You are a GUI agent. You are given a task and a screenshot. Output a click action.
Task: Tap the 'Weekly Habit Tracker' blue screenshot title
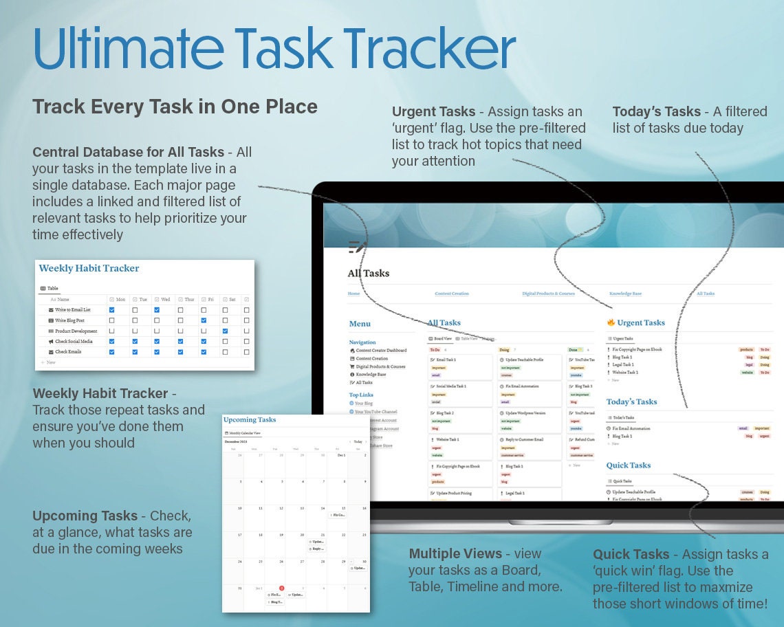[89, 268]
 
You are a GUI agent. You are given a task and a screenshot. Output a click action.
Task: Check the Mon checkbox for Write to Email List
[112, 310]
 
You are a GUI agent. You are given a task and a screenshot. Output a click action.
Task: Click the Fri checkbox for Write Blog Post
[204, 320]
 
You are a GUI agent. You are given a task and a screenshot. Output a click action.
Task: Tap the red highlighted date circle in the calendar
[281, 588]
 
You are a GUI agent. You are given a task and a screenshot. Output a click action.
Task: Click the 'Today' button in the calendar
[357, 442]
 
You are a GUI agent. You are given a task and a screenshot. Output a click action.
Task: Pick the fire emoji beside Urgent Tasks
[610, 322]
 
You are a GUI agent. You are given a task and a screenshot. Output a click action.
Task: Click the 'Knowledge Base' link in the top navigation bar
[625, 294]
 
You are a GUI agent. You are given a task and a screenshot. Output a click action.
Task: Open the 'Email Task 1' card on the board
[446, 360]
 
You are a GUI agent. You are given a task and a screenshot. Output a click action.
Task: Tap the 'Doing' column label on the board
[504, 350]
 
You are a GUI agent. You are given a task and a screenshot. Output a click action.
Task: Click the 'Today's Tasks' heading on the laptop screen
[631, 401]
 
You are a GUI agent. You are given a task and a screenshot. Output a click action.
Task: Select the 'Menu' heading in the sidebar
[360, 324]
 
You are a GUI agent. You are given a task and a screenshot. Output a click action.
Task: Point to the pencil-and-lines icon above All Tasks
[357, 247]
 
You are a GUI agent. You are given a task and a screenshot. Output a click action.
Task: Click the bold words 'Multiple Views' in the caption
[455, 554]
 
